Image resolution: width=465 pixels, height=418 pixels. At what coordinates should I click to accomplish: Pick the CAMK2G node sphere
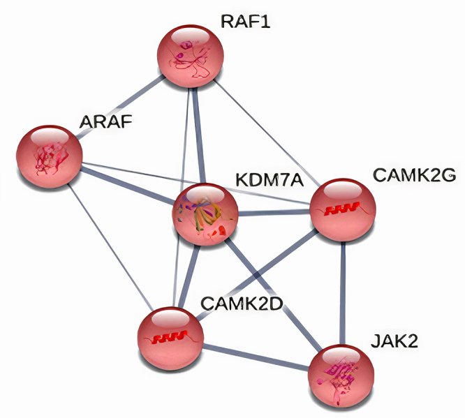342,209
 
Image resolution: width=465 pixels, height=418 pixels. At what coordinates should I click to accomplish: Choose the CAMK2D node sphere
170,338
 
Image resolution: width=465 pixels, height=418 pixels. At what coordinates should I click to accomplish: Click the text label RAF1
245,21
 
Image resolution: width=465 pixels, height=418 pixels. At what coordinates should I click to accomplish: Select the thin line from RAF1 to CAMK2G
266,133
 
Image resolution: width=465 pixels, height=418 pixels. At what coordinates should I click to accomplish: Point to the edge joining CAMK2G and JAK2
342,293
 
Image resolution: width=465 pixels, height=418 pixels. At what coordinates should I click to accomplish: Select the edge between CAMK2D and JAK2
255,355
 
